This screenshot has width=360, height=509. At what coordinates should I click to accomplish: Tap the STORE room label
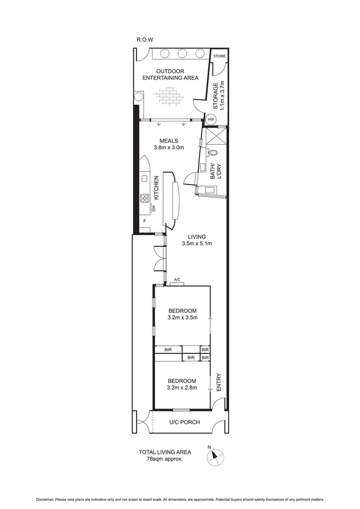(219, 56)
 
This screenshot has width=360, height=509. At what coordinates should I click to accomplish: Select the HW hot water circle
(211, 119)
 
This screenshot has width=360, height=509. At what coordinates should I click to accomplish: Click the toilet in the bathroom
(213, 153)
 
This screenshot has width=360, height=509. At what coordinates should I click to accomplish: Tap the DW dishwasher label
(154, 209)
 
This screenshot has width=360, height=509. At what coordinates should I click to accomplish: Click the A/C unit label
(176, 280)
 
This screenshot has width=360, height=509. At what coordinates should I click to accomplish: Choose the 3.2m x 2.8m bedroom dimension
(183, 388)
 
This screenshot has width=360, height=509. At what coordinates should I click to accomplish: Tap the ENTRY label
(218, 382)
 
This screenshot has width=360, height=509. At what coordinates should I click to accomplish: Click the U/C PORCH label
(185, 422)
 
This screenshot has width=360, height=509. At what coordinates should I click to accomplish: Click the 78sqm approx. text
(165, 459)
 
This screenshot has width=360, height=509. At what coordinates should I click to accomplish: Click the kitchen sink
(144, 179)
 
